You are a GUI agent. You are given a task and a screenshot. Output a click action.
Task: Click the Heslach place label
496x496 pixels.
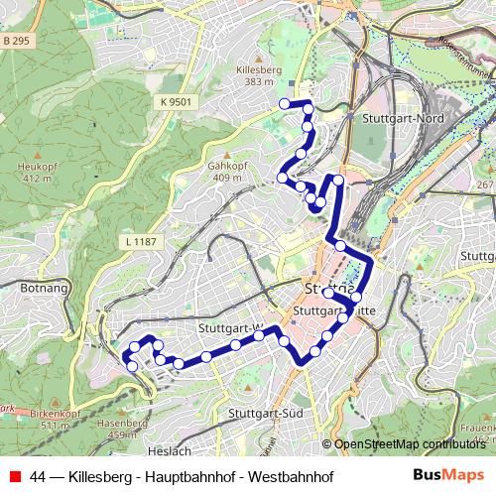coord(171,451)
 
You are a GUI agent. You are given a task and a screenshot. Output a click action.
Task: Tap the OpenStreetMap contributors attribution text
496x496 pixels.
coord(409,443)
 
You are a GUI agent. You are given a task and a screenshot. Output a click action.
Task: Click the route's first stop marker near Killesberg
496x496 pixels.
coord(286,103)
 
